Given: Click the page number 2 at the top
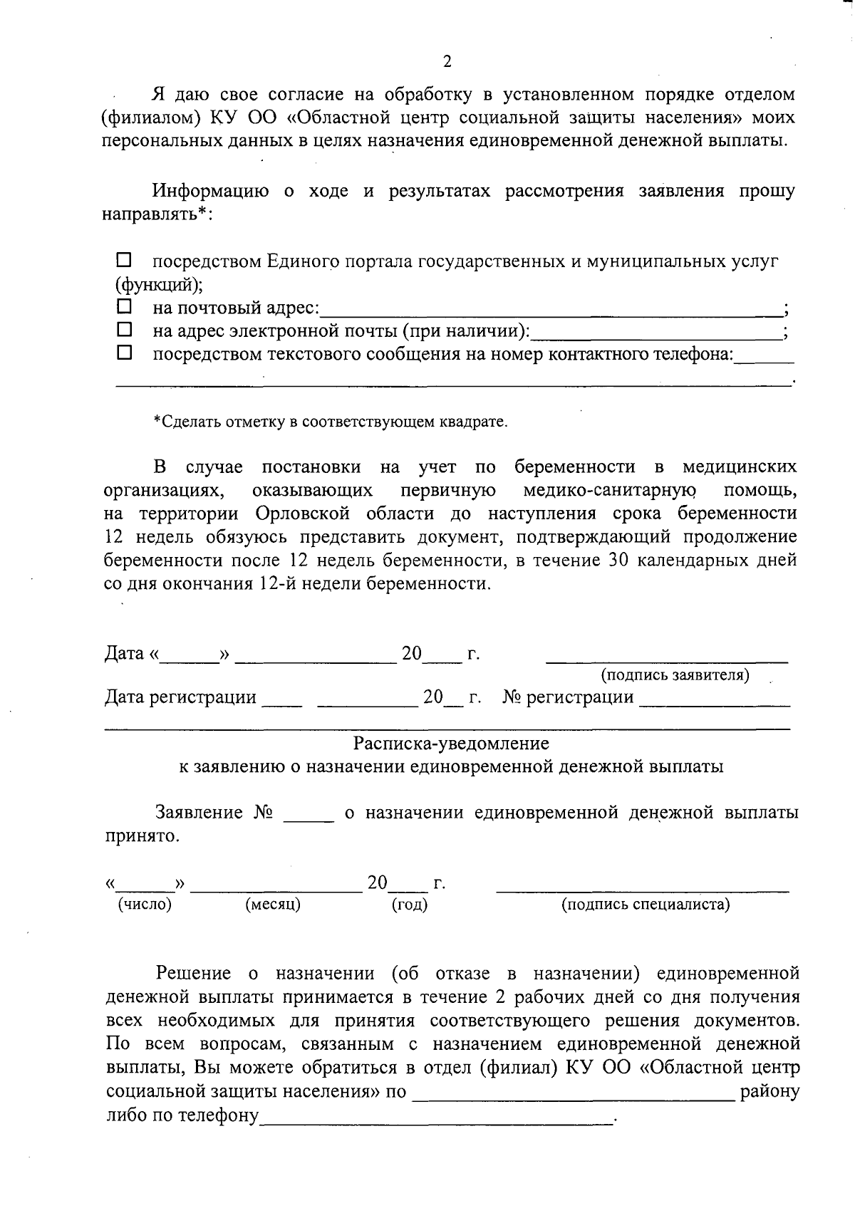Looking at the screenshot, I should coord(447,61).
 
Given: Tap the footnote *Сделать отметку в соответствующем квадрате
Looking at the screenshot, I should coord(331,422).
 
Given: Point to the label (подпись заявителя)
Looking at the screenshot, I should coord(675,675).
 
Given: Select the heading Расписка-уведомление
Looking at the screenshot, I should coord(451,744).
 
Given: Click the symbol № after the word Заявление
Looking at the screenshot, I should coord(263,813).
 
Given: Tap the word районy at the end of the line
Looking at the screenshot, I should coord(769,1091).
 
